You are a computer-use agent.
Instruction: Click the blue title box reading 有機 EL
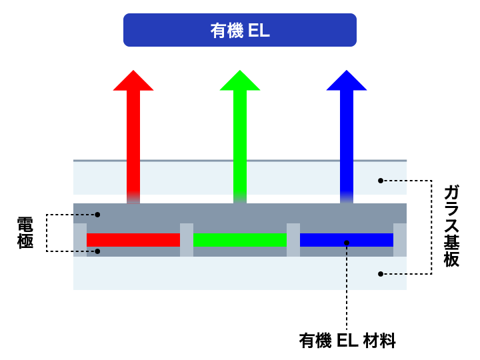point(240,30)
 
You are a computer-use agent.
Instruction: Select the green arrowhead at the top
point(240,80)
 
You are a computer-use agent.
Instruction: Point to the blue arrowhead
point(347,80)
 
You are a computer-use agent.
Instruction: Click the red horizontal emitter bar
point(133,240)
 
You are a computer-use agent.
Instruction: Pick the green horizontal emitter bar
point(240,240)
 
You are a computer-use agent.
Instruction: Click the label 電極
point(25,233)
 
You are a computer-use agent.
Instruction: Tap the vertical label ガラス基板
point(451,227)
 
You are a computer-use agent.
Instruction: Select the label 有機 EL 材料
point(347,342)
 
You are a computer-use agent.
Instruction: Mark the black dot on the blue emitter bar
point(347,242)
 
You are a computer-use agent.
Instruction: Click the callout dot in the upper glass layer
point(381,180)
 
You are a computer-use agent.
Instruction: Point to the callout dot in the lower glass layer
point(381,273)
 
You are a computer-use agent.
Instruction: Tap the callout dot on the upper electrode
point(97,215)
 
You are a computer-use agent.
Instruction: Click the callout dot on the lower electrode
point(97,251)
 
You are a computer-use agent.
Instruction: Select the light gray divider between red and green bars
point(187,240)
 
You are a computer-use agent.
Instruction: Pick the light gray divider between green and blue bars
point(293,240)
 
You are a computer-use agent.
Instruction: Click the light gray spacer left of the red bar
point(80,240)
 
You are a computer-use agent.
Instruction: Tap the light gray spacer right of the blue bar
point(400,240)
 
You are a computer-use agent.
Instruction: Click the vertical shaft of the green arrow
point(240,140)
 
